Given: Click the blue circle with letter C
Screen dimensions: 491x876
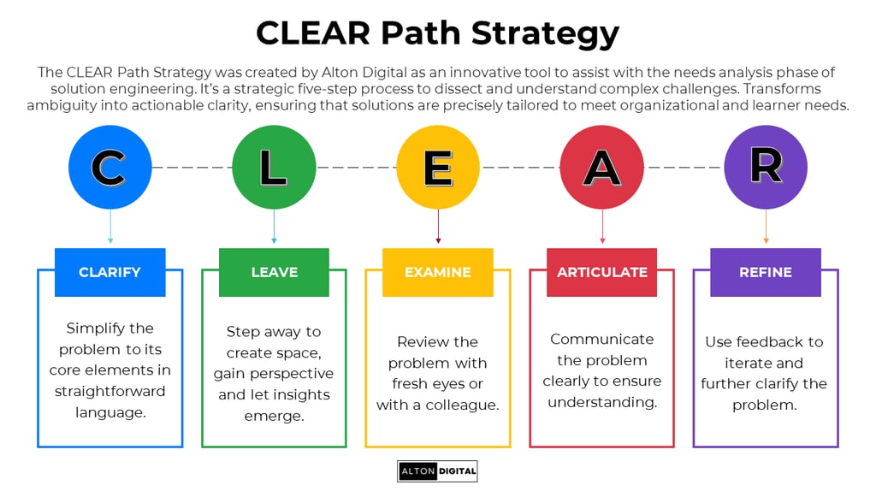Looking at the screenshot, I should [x=109, y=168].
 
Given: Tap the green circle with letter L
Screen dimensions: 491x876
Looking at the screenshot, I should [x=274, y=168].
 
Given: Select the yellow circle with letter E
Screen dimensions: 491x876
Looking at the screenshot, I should [x=438, y=168].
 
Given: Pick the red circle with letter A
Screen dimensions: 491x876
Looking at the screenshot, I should [x=602, y=168].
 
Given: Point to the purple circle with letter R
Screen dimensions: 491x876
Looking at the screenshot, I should [x=766, y=168].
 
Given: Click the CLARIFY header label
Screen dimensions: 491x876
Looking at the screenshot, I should [x=109, y=272].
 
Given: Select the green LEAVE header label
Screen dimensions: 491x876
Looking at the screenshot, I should [x=274, y=272].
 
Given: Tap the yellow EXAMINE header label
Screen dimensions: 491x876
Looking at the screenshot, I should [x=438, y=272].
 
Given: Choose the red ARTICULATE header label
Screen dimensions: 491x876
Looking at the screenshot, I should [x=602, y=272].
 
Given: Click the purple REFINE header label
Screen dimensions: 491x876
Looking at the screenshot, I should [x=766, y=272].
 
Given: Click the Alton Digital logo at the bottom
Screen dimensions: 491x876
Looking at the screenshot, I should [x=437, y=471].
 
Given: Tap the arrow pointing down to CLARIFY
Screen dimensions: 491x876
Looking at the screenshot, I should [x=109, y=228].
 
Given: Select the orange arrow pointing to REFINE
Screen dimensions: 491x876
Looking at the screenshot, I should [x=766, y=228].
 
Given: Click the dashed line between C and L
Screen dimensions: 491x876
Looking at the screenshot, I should [x=192, y=168].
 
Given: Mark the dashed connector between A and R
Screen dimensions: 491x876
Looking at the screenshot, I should [x=684, y=168].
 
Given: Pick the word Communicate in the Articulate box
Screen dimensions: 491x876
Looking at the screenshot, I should [x=602, y=339].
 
